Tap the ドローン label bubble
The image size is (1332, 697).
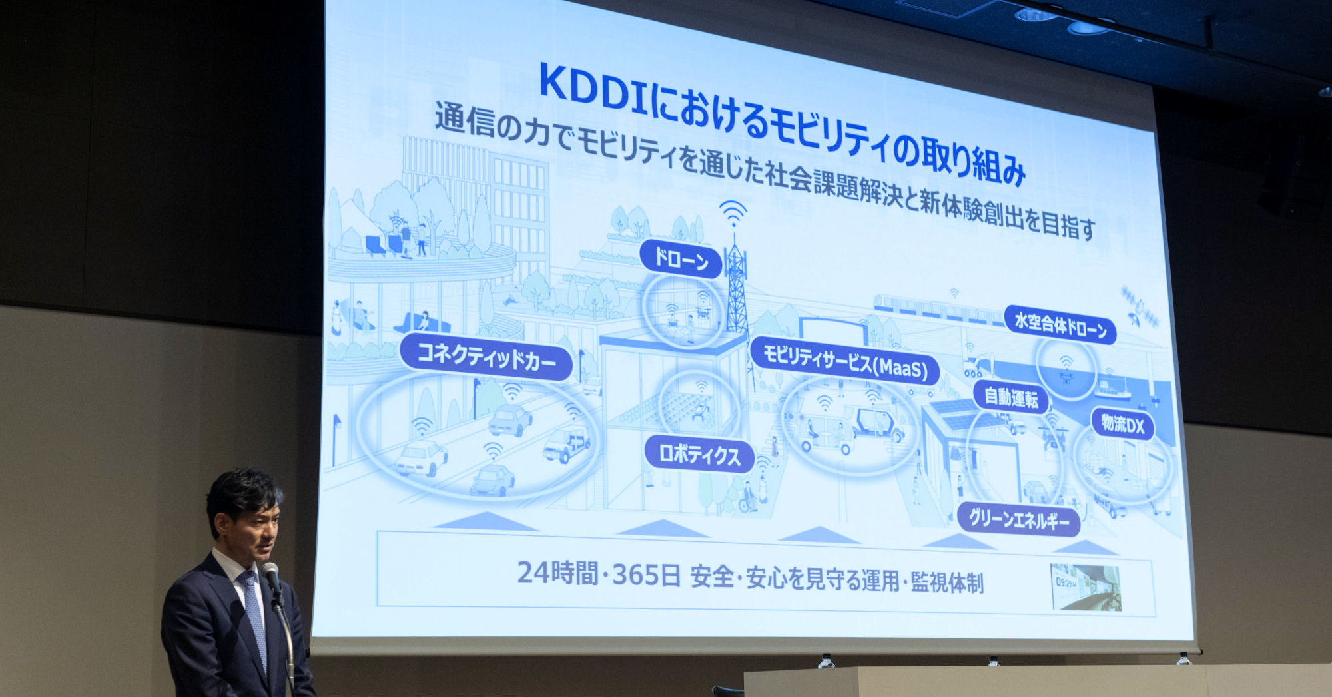click(x=681, y=259)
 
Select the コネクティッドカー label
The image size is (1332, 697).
click(x=486, y=357)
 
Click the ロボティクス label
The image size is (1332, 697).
click(x=699, y=455)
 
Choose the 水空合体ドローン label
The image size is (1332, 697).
click(x=1060, y=326)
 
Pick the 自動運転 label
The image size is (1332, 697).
click(x=1011, y=397)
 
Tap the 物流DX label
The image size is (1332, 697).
click(x=1122, y=423)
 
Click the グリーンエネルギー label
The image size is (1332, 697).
click(x=1018, y=519)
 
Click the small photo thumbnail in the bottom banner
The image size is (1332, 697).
click(x=1086, y=587)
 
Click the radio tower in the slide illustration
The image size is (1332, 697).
click(x=736, y=286)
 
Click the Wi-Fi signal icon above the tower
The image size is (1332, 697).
click(x=733, y=212)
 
